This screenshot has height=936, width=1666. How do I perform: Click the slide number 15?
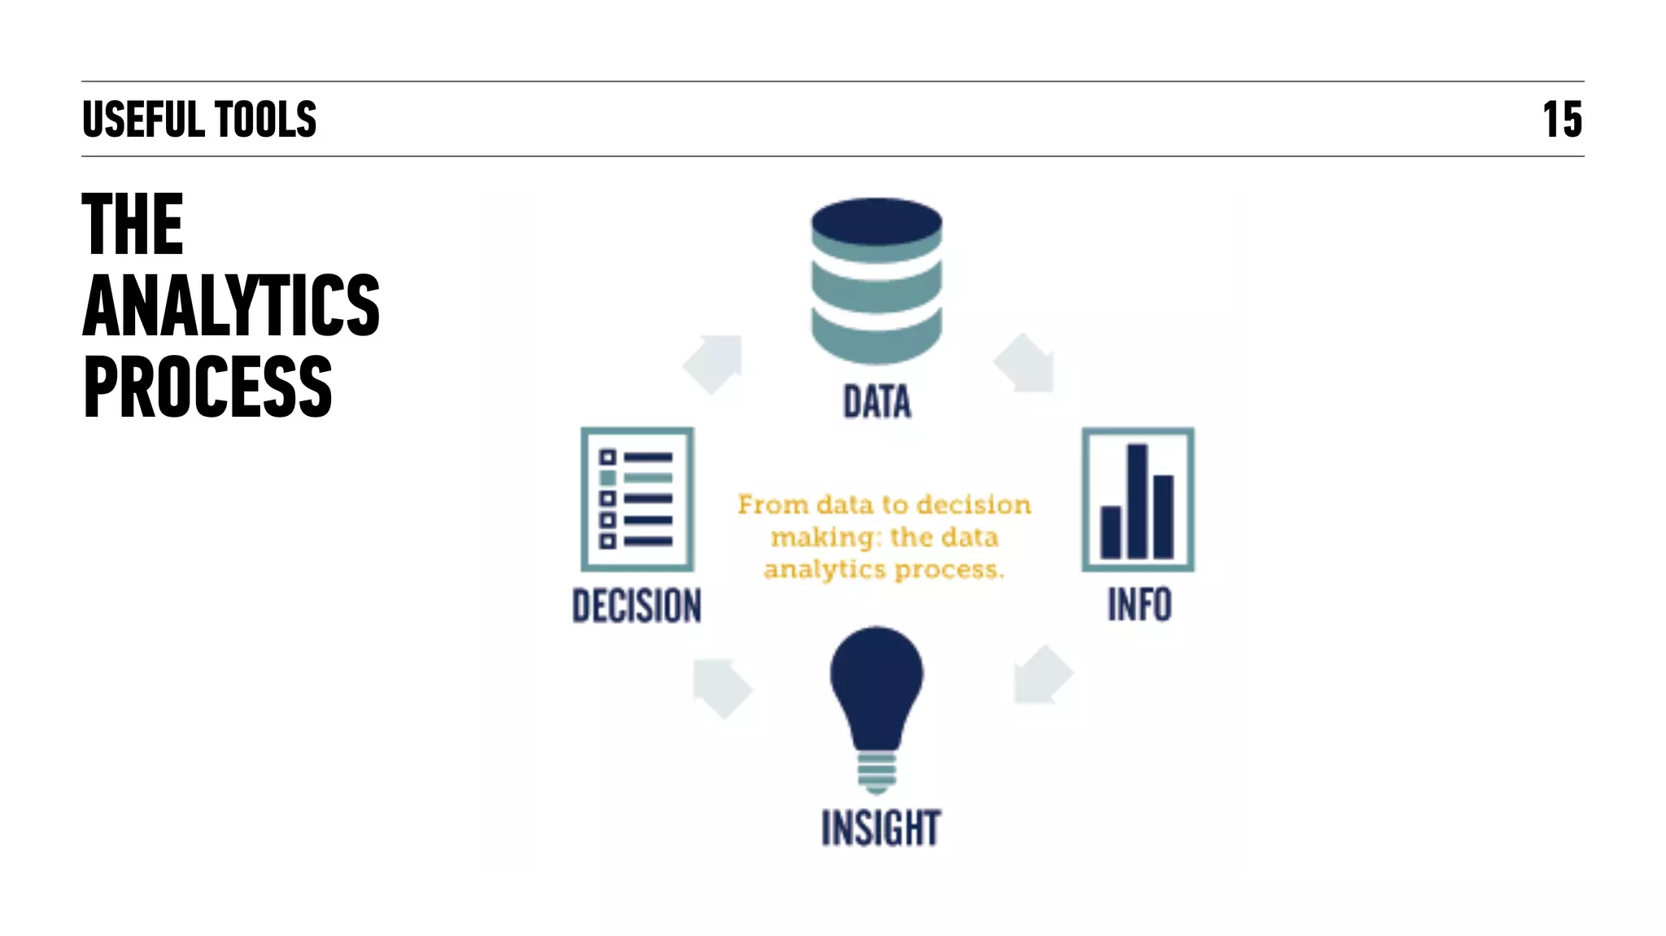click(x=1562, y=120)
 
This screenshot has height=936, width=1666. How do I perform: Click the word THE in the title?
click(x=133, y=224)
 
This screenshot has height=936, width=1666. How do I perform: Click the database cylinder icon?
click(x=876, y=281)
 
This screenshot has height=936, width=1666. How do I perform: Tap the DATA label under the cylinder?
click(x=877, y=402)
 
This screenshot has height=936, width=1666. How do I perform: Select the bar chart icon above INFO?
click(x=1137, y=499)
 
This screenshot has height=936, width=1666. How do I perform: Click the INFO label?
click(x=1139, y=605)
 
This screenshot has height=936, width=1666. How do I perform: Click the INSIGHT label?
click(x=881, y=828)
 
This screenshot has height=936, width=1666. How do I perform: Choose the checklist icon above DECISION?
click(x=637, y=499)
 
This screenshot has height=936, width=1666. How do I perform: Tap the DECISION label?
click(x=637, y=606)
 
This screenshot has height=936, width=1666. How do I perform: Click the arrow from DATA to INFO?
click(x=1026, y=364)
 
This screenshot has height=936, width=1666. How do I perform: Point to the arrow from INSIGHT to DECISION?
click(x=722, y=688)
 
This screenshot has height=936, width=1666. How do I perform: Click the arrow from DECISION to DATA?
click(x=714, y=363)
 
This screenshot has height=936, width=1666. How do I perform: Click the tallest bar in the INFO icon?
click(x=1136, y=501)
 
